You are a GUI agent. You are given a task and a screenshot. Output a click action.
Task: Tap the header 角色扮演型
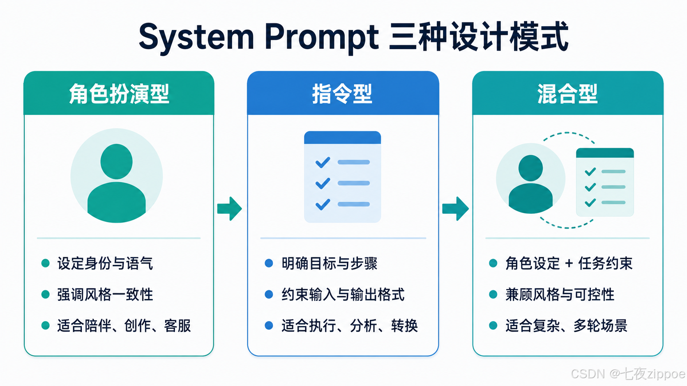click(x=119, y=94)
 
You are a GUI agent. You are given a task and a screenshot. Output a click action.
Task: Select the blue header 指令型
click(x=342, y=94)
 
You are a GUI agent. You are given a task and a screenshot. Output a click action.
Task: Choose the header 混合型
click(x=567, y=94)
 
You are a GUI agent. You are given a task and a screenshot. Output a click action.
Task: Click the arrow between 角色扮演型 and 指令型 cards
click(x=229, y=208)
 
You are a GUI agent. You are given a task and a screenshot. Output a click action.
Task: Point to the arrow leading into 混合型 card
click(x=455, y=208)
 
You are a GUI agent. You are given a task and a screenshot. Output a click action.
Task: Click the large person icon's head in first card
click(x=117, y=161)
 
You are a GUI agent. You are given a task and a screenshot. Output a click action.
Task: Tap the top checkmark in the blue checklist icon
click(x=323, y=162)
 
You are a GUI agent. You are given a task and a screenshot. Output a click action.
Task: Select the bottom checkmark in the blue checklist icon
click(x=323, y=204)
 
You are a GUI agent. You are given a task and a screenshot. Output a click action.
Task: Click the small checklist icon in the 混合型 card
click(x=605, y=182)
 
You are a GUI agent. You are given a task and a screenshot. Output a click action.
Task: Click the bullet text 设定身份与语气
click(x=105, y=263)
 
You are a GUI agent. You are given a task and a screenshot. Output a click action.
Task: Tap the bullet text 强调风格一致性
click(x=105, y=295)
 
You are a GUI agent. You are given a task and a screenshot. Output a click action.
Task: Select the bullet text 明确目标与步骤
click(x=330, y=263)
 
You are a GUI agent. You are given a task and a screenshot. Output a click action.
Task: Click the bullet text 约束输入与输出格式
click(x=343, y=295)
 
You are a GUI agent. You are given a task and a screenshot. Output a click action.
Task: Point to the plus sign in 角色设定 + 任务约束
click(x=569, y=263)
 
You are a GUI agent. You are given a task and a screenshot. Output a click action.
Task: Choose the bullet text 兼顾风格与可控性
click(x=560, y=295)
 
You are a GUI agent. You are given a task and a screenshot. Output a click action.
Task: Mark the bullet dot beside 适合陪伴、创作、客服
click(x=45, y=325)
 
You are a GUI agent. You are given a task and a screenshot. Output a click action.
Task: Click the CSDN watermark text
click(x=628, y=374)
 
